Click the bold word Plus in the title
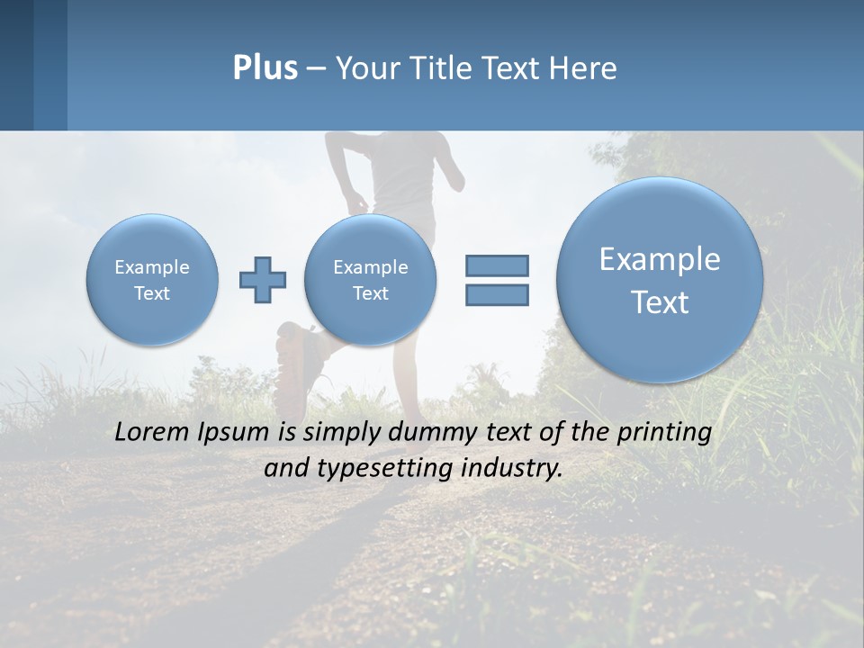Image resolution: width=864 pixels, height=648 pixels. [x=265, y=68]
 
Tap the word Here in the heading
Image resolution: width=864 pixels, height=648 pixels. [x=582, y=68]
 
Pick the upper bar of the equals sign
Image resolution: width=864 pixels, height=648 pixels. [x=497, y=265]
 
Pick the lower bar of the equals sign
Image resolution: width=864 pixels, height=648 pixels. [x=497, y=294]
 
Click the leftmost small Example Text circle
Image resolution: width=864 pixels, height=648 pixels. [x=152, y=280]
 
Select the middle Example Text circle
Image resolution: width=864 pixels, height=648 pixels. [x=370, y=280]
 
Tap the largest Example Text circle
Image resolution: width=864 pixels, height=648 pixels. [x=660, y=280]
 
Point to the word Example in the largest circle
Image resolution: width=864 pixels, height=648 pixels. [x=660, y=259]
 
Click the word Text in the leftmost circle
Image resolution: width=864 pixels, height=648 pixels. [x=152, y=293]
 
